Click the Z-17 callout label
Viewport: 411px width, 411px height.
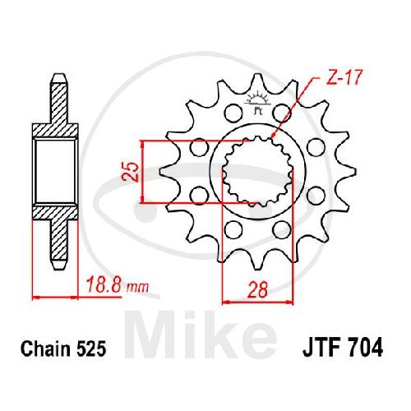pyautogui.click(x=344, y=78)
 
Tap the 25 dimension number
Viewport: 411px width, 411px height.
pyautogui.click(x=130, y=172)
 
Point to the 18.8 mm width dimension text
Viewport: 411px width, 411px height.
pyautogui.click(x=118, y=285)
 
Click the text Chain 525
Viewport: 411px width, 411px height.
pyautogui.click(x=63, y=349)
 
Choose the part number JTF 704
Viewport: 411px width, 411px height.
pyautogui.click(x=343, y=349)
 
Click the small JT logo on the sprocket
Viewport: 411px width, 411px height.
pyautogui.click(x=257, y=102)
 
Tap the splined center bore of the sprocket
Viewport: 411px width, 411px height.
pyautogui.click(x=257, y=171)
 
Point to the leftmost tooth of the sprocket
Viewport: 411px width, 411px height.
pyautogui.click(x=168, y=172)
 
